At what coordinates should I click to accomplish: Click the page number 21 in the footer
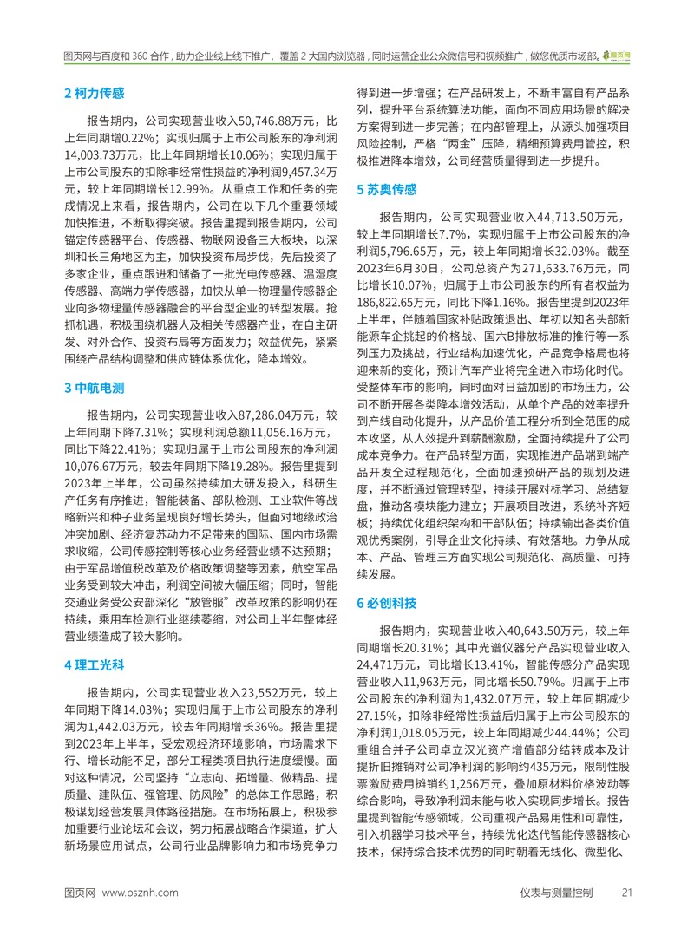coord(627,917)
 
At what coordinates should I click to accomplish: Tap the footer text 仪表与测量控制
coord(556,917)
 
